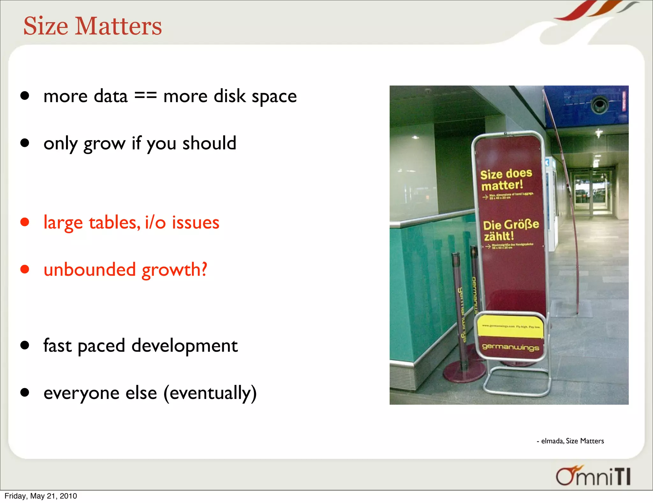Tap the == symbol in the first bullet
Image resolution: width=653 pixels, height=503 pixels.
(145, 96)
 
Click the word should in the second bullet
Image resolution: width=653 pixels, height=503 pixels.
(209, 143)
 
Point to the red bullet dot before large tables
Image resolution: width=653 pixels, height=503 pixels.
(25, 222)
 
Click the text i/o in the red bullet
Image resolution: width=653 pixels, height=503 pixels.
(155, 222)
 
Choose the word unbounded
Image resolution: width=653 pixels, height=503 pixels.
(90, 269)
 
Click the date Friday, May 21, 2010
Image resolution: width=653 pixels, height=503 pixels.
(41, 496)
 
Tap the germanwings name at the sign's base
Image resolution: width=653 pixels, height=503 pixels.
(510, 347)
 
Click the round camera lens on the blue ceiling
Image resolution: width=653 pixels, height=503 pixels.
(599, 105)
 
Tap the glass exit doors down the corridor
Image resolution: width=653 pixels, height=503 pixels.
(591, 191)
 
